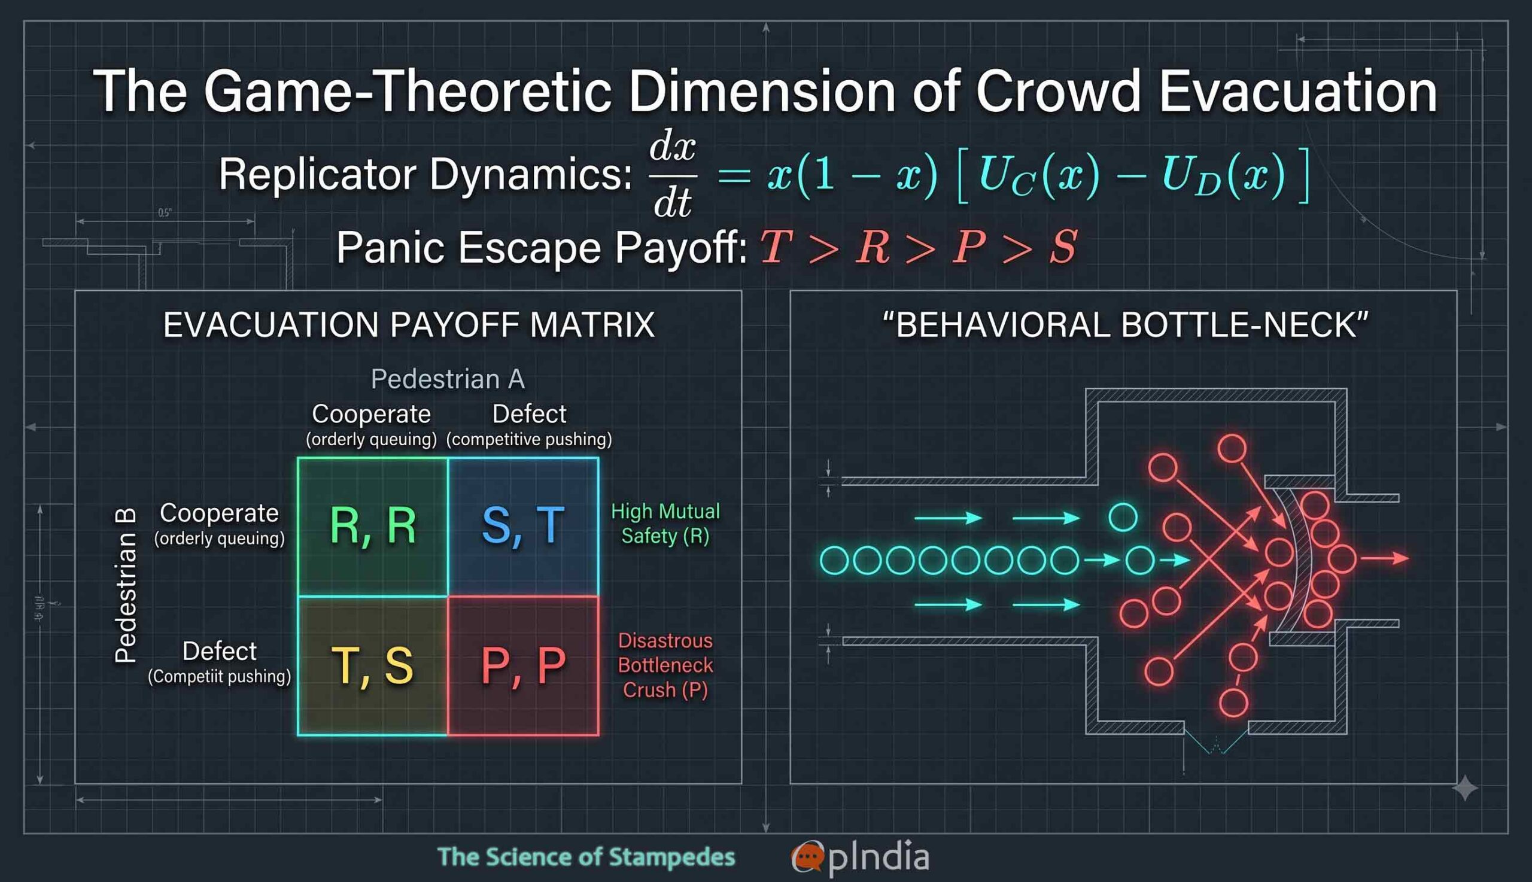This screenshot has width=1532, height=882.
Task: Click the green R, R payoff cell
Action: tap(373, 527)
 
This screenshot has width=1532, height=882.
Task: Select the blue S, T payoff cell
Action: tap(524, 527)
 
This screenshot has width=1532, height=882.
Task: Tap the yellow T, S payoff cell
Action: tap(373, 666)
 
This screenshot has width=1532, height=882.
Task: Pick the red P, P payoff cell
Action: tap(524, 666)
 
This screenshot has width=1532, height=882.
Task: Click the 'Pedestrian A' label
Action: tap(448, 379)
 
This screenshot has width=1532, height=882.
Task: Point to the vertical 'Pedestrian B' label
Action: tap(126, 585)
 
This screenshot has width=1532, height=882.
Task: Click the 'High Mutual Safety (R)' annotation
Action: tap(665, 524)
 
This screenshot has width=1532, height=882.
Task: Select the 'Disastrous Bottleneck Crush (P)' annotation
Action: tap(665, 665)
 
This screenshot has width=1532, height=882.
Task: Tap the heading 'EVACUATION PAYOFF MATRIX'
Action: tap(409, 325)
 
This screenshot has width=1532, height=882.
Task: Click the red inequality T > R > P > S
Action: tap(919, 247)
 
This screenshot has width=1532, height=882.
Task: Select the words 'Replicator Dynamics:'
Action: tap(425, 175)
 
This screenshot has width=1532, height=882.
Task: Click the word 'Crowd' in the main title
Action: tap(1057, 92)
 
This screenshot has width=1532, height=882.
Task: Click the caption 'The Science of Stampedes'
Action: tap(586, 857)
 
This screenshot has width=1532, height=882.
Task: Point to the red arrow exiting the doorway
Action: tap(1385, 558)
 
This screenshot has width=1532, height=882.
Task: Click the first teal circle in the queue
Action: tap(834, 560)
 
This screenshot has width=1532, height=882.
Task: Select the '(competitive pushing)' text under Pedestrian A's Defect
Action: tap(529, 439)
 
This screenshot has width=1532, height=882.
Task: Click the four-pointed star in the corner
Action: tap(1465, 787)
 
